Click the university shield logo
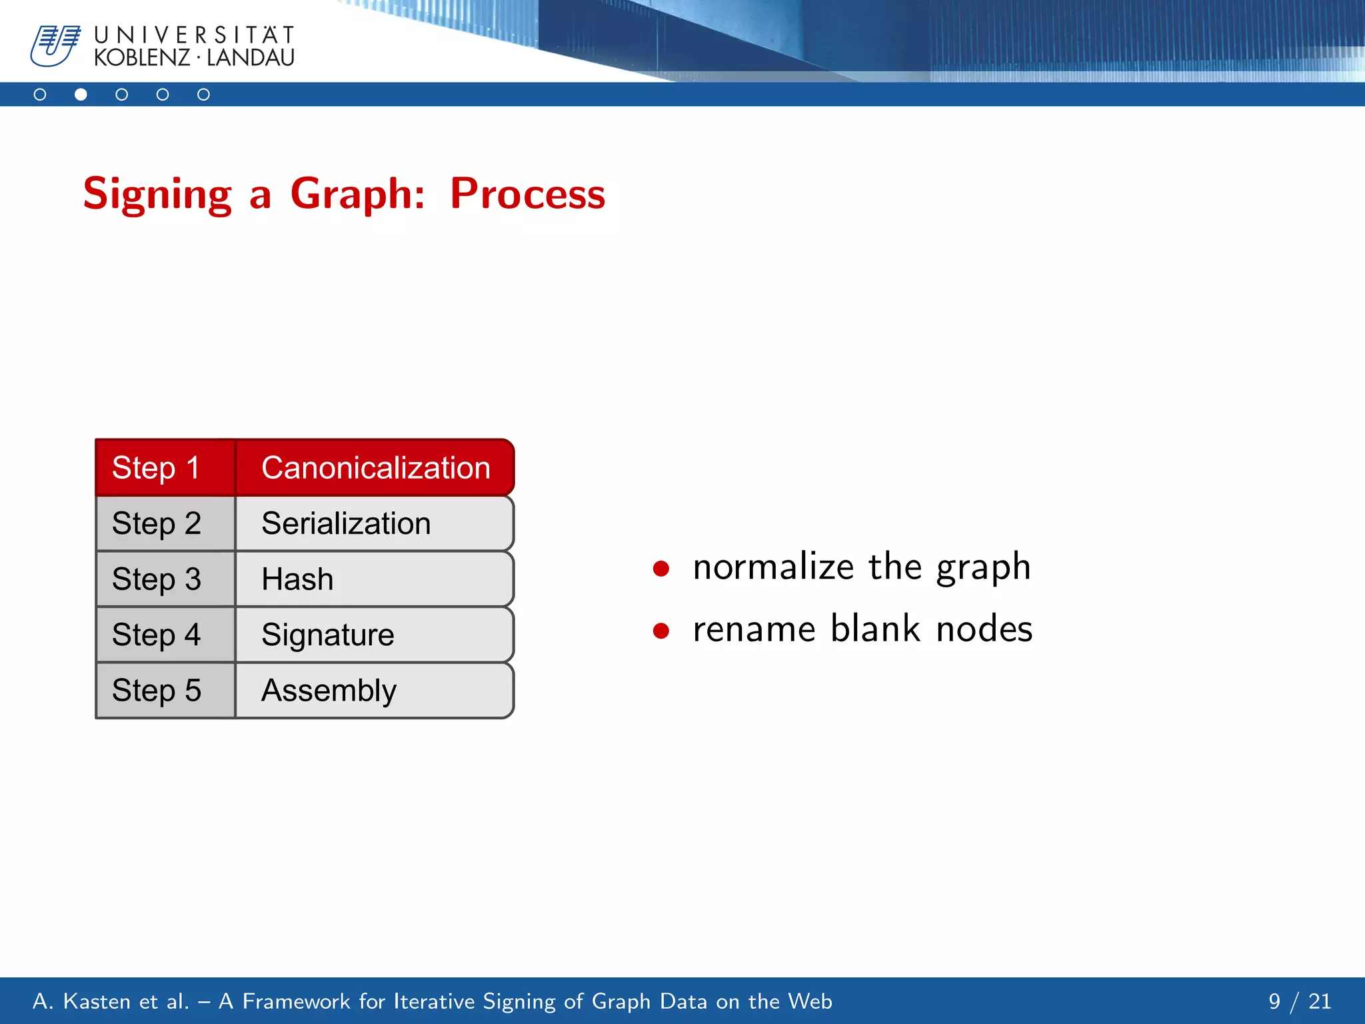pos(55,45)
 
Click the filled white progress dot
pos(81,95)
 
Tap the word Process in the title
pos(527,194)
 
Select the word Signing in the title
pos(157,194)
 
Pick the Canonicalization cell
pos(375,467)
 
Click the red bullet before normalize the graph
pos(661,569)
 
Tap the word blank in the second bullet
pos(875,629)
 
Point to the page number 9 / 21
pos(1299,1001)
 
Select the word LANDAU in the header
pos(251,58)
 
